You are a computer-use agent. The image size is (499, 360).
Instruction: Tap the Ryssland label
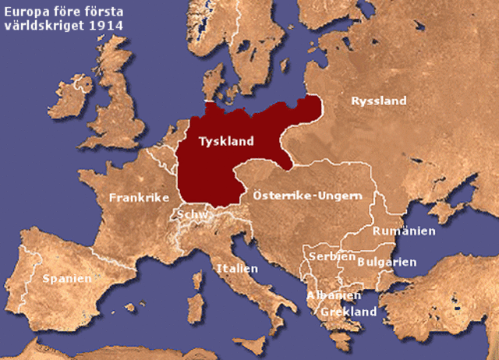tap(379, 101)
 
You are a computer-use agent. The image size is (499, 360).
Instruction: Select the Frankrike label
tap(139, 198)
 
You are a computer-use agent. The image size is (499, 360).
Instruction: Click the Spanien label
tap(67, 278)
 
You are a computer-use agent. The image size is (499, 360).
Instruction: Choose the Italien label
tap(237, 268)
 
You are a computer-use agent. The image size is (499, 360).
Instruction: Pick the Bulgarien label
tap(386, 262)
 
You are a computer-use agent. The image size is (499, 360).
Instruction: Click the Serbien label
tap(327, 256)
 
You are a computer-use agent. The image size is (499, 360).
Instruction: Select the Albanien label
tap(333, 295)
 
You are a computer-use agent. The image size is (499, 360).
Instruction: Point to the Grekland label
tap(347, 312)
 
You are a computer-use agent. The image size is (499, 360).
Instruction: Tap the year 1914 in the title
tap(108, 25)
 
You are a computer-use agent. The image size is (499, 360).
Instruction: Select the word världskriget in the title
tap(45, 25)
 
